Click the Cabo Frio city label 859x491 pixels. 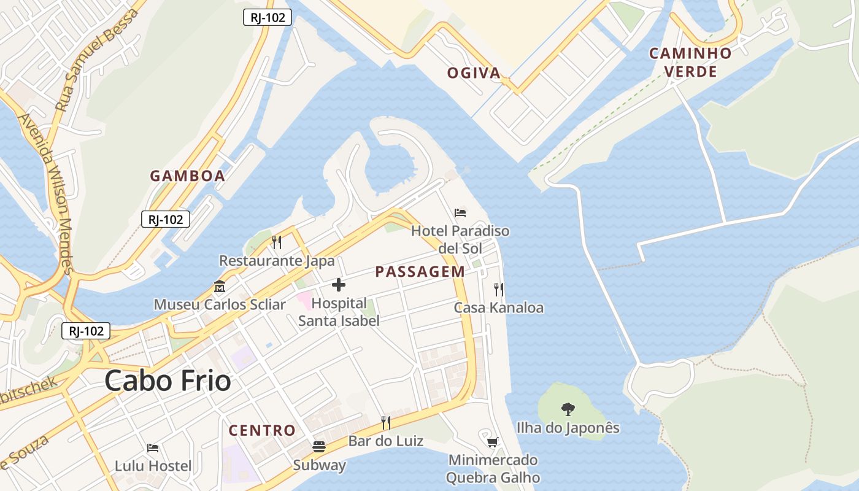point(168,381)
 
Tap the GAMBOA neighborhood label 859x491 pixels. point(188,176)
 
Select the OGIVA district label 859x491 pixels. point(474,73)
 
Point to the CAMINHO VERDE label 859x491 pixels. point(691,62)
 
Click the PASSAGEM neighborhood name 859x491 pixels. point(420,271)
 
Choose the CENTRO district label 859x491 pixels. point(262,430)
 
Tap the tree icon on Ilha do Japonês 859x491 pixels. point(568,409)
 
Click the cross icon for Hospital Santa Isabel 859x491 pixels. point(338,285)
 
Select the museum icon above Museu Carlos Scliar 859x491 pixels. point(219,286)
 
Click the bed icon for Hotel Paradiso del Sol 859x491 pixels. point(460,213)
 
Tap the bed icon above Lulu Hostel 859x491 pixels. point(153,448)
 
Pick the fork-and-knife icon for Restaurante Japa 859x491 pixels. point(277,242)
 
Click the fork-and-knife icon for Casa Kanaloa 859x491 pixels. point(499,289)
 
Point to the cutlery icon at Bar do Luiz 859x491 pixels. point(386,422)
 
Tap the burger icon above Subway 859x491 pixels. point(319,446)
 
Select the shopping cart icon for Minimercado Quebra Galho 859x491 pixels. point(492,442)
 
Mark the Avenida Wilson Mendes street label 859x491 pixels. point(47,193)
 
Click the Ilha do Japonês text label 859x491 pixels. point(568,428)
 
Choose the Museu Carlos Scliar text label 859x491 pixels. point(219,304)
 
